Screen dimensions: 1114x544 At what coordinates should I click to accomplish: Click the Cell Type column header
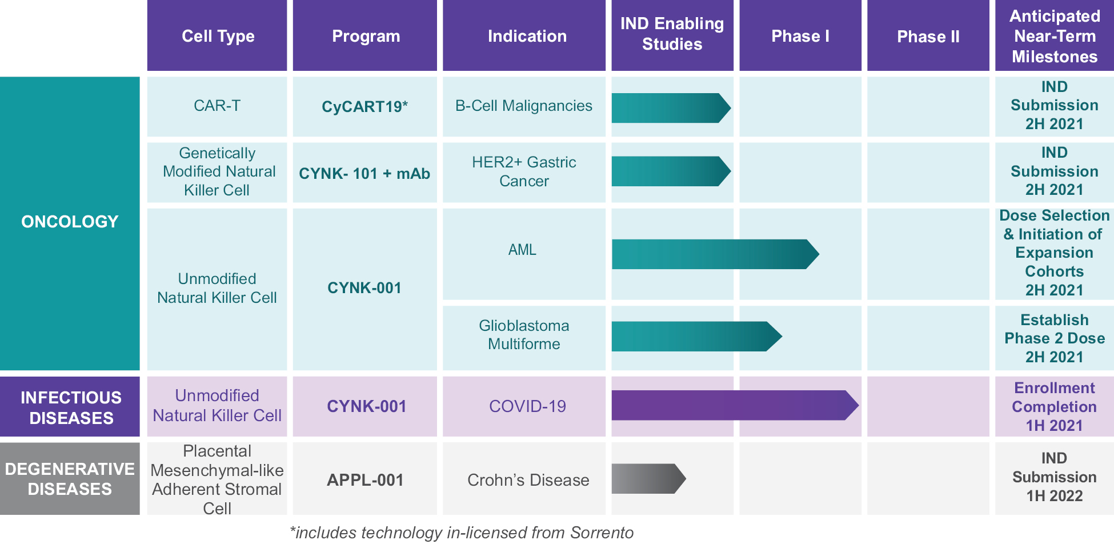click(217, 35)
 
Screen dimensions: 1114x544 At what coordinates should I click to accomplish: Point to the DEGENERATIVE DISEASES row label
click(70, 479)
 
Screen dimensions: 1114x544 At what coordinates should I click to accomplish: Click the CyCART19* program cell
click(364, 107)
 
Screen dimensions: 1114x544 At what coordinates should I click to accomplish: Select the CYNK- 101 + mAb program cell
click(364, 173)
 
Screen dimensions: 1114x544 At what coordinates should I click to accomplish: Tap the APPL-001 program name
click(365, 480)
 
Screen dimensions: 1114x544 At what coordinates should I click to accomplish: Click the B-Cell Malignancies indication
click(524, 106)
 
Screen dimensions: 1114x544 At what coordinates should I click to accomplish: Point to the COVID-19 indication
click(527, 406)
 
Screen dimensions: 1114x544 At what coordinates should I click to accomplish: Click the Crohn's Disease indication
click(528, 480)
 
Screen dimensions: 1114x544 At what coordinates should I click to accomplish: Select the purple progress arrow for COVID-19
click(735, 405)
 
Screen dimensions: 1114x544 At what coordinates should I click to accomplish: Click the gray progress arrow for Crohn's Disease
click(648, 479)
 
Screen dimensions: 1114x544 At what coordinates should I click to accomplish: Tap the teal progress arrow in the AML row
click(715, 254)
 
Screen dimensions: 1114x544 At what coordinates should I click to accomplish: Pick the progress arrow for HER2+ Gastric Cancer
click(671, 171)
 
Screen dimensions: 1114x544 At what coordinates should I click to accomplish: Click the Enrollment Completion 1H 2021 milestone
click(1054, 407)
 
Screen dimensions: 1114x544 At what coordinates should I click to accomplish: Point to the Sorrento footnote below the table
click(462, 533)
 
